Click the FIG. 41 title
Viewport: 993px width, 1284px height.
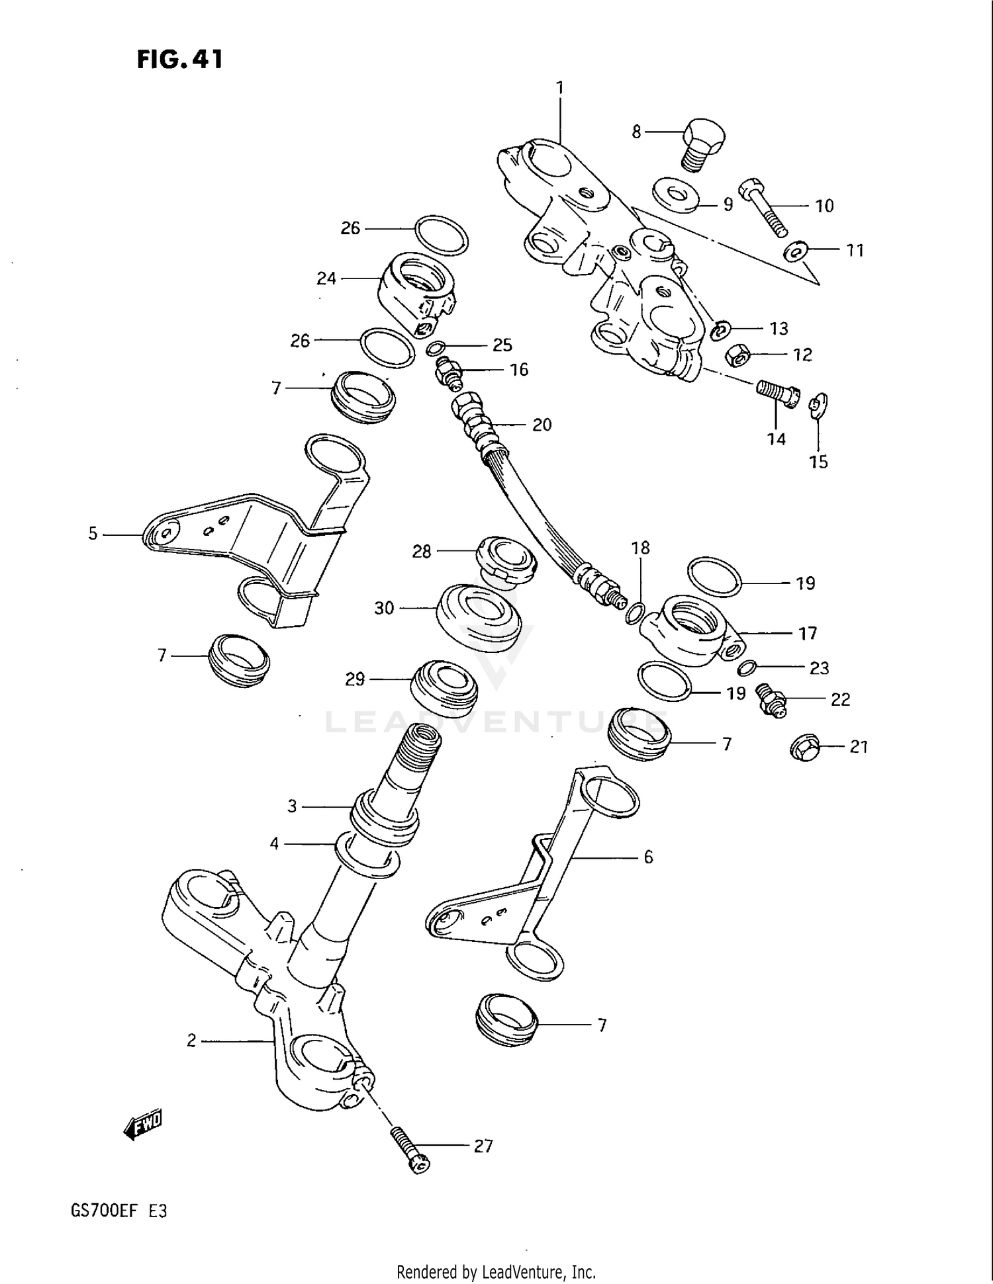tap(180, 60)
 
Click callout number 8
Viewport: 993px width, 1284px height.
tap(636, 132)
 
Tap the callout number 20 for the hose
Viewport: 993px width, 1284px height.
tap(542, 425)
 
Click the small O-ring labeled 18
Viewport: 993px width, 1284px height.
tap(634, 613)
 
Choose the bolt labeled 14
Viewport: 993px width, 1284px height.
tap(779, 394)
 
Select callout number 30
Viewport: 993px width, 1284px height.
tap(384, 608)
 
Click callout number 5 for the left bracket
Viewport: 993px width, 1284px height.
tap(93, 533)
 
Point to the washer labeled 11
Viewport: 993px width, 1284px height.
tap(794, 251)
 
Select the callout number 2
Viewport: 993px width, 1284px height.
tap(191, 1041)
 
